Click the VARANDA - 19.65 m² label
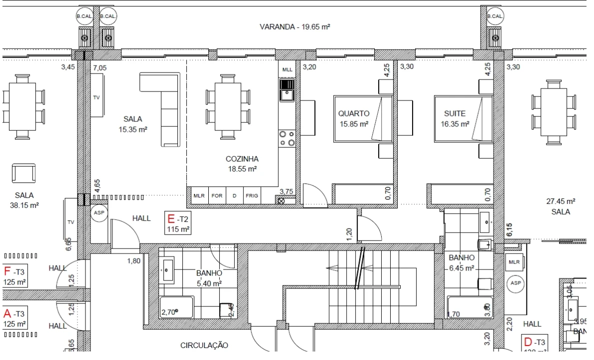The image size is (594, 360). (x=295, y=27)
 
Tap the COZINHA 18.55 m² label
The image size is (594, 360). (x=242, y=163)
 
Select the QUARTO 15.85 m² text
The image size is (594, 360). (x=354, y=118)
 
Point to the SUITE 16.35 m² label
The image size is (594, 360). (x=455, y=118)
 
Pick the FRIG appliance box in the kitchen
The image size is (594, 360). (x=252, y=196)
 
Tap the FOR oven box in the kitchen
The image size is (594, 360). (x=217, y=196)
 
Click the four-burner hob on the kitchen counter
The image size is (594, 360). (x=287, y=138)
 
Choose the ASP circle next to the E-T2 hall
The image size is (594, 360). (x=99, y=212)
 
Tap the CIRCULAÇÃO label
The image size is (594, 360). (x=204, y=345)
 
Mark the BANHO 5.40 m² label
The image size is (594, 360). (x=209, y=278)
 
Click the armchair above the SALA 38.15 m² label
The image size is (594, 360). (x=23, y=173)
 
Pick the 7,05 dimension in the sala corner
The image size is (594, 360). (x=100, y=67)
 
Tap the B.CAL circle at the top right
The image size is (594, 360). (x=495, y=16)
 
